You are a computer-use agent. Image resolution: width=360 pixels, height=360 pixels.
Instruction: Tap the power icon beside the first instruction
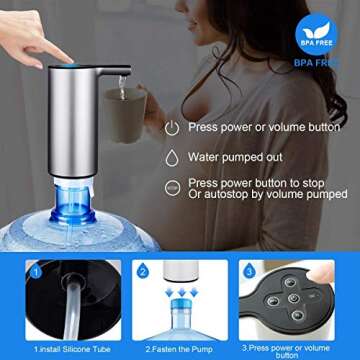coord(172,127)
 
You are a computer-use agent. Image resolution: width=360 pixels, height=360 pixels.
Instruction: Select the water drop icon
coord(172,157)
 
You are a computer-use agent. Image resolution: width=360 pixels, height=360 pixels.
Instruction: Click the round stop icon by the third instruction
coord(172,187)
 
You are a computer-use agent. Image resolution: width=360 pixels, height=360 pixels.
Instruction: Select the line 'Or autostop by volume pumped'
coord(270,194)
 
